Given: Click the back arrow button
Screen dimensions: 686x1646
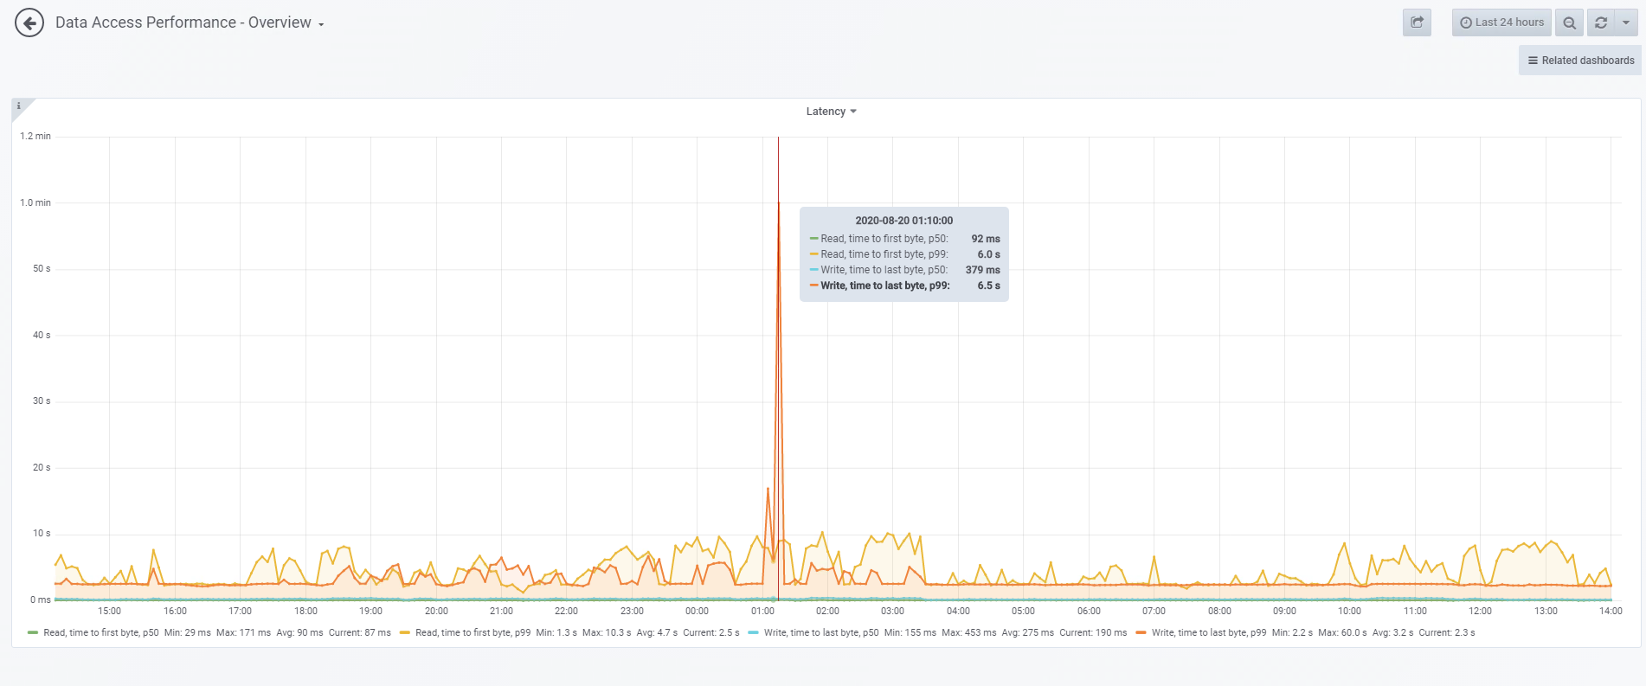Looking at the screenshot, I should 29,23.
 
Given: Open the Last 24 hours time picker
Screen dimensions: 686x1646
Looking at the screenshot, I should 1501,22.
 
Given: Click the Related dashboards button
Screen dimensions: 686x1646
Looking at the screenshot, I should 1580,61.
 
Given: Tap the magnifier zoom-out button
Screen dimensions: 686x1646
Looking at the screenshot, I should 1569,23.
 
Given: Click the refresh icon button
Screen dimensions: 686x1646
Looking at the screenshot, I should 1601,23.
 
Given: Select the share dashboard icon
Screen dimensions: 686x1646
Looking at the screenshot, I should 1417,22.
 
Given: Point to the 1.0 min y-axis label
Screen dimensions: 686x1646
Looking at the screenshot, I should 35,202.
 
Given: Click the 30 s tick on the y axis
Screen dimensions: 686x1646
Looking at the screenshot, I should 42,401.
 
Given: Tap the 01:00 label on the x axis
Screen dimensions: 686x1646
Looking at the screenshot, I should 762,611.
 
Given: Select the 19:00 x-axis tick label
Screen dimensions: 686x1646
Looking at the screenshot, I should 370,611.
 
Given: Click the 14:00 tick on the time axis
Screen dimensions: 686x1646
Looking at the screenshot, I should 1611,611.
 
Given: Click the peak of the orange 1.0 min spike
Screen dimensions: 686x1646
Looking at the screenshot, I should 779,203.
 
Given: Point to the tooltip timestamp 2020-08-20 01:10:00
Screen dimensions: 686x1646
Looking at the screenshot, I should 903,221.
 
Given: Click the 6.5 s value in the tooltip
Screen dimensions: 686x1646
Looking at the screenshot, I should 988,285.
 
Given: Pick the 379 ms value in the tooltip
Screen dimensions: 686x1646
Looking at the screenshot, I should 982,270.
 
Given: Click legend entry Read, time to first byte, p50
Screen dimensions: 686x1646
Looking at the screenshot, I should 100,632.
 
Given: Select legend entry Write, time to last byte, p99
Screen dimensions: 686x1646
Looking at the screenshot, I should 1208,632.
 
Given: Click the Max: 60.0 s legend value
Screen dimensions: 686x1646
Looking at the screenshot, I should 1342,632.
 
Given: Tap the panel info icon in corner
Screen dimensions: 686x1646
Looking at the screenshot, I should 19,106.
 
